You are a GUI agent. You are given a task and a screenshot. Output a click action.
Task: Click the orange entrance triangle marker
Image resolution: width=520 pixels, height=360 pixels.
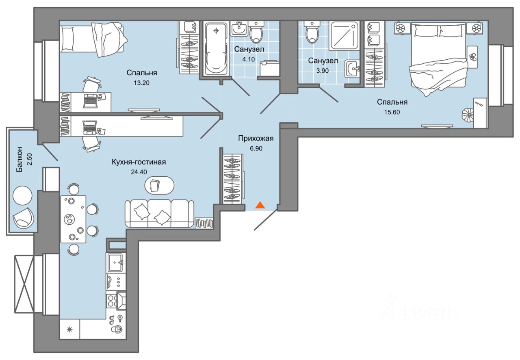coord(260,205)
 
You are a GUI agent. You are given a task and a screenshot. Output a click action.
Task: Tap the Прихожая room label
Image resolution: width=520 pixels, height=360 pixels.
coord(256,139)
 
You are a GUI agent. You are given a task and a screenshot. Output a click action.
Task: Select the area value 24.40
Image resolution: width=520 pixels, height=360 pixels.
coord(139,172)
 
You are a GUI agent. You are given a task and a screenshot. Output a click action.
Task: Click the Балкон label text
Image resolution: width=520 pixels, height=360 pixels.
coord(19,159)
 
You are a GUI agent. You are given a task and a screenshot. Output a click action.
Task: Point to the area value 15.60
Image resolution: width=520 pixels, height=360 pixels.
coord(392,112)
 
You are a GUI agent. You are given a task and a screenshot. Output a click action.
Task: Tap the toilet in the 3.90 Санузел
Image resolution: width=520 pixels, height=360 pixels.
coord(312,32)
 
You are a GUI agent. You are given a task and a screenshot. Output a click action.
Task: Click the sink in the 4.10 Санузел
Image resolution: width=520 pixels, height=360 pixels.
coord(239,29)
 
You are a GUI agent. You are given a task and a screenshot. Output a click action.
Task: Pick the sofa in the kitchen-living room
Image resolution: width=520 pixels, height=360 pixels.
coord(159,213)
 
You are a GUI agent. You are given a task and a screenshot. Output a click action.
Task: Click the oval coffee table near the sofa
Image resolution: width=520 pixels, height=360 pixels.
coord(159,186)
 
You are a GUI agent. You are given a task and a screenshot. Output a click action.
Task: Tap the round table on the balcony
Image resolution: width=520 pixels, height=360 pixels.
coord(22,195)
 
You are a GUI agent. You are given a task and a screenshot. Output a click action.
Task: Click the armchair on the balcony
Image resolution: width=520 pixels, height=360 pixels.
coord(24,218)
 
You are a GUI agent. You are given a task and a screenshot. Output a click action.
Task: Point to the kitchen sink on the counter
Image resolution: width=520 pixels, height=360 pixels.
coord(116,262)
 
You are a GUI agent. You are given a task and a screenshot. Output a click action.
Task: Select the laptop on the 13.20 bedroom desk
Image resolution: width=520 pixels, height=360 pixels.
coord(90,101)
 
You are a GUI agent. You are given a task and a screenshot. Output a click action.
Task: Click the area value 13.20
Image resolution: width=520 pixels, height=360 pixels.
coord(141,82)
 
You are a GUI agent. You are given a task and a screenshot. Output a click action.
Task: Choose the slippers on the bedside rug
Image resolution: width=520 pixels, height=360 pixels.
coord(472,57)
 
